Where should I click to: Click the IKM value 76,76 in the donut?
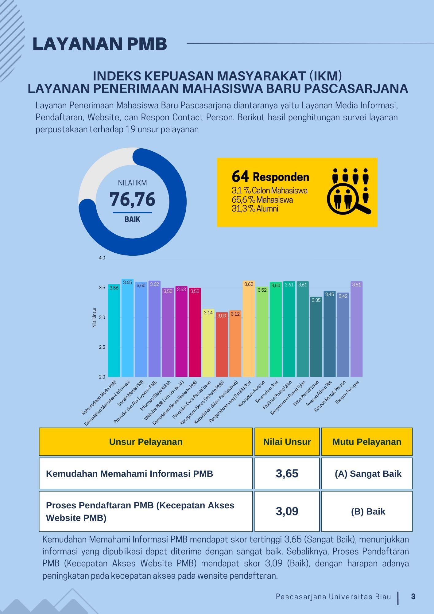tap(132, 199)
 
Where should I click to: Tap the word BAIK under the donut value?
tap(132, 219)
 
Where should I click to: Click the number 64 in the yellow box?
tap(240, 177)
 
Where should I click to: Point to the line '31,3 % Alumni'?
tap(255, 209)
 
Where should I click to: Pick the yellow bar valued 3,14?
tap(208, 344)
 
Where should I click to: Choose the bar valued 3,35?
tap(316, 338)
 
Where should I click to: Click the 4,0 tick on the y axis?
tap(102, 258)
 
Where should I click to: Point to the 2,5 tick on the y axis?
tap(102, 347)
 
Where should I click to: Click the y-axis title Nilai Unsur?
tap(94, 317)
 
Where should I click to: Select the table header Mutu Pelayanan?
tap(367, 442)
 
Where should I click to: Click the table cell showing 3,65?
tap(287, 473)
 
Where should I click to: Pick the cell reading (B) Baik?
tap(368, 511)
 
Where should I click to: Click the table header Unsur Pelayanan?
tap(146, 442)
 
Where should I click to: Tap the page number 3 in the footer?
tap(413, 597)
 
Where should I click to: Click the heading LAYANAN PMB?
tap(100, 44)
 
